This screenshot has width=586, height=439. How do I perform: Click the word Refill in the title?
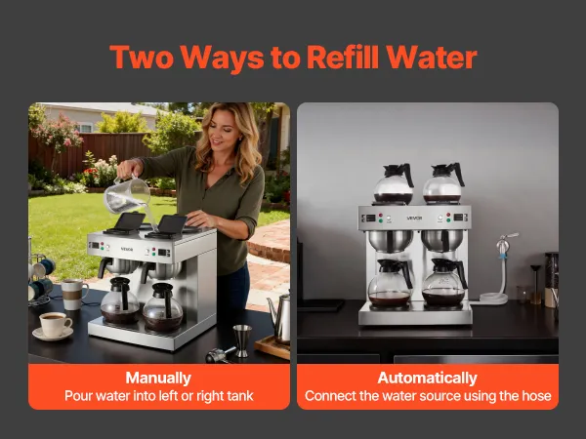pyautogui.click(x=343, y=57)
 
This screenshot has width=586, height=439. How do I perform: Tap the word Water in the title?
pyautogui.click(x=432, y=58)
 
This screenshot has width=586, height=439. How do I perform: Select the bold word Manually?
pyautogui.click(x=158, y=378)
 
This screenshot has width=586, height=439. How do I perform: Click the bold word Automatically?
pyautogui.click(x=427, y=378)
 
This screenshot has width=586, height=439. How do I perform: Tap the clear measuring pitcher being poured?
pyautogui.click(x=126, y=195)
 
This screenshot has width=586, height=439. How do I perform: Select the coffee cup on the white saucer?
pyautogui.click(x=55, y=324)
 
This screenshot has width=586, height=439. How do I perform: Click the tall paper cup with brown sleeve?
pyautogui.click(x=73, y=295)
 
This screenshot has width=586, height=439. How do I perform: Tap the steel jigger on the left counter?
pyautogui.click(x=242, y=340)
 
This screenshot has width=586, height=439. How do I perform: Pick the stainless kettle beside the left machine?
pyautogui.click(x=280, y=318)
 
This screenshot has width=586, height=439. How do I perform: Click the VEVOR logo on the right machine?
pyautogui.click(x=414, y=218)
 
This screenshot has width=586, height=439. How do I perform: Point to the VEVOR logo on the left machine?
pyautogui.click(x=127, y=250)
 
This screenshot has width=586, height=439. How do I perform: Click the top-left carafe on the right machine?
pyautogui.click(x=394, y=183)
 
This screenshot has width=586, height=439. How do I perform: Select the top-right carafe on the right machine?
pyautogui.click(x=443, y=183)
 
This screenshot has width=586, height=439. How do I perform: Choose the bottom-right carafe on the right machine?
pyautogui.click(x=444, y=282)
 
